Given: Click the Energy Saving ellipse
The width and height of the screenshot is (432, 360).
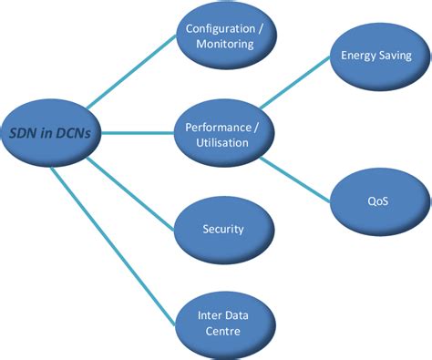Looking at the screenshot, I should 375,56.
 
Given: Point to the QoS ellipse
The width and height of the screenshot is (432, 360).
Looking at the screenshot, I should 375,197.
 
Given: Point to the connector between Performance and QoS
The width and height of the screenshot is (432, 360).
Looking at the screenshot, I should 297,177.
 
